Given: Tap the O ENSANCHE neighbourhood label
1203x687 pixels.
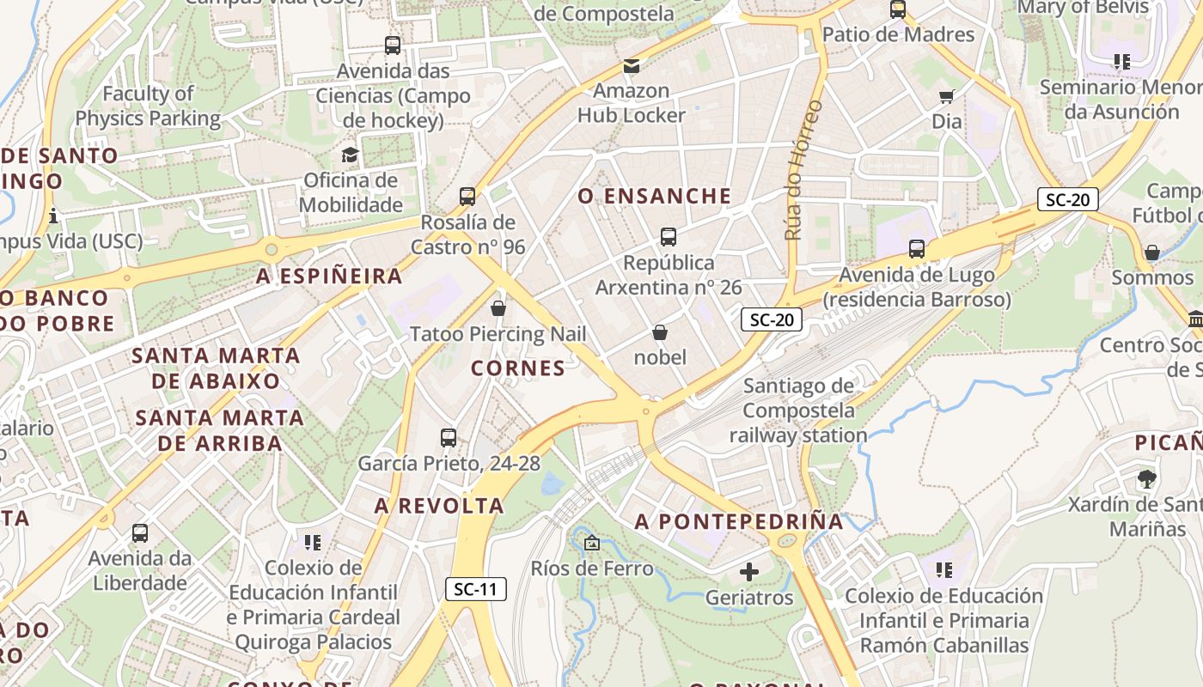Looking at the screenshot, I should [655, 197].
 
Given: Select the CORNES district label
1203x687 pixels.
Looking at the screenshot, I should [518, 368].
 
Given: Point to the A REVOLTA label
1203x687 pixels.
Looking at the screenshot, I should [439, 506].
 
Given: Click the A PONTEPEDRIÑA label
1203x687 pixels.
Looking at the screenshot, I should [739, 521].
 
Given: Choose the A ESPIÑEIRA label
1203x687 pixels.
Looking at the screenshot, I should [330, 277].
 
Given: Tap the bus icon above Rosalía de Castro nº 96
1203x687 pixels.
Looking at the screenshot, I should [467, 197].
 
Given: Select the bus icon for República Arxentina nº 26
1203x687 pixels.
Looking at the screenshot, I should [669, 237].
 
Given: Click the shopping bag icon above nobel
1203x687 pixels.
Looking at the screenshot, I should [660, 332].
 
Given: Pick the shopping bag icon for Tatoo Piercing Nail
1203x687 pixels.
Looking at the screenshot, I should [498, 308].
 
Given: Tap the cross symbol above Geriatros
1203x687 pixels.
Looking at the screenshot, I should [749, 571].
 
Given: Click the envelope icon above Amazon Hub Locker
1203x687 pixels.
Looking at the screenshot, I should [632, 65].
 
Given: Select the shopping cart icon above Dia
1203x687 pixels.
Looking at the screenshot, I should [946, 96].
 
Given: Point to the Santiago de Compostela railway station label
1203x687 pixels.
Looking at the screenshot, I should [798, 411].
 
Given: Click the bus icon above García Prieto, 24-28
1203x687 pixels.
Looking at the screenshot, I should [449, 438].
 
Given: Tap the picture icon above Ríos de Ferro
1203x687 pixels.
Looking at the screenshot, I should [591, 543].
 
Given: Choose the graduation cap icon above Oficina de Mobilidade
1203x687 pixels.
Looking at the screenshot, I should [350, 155].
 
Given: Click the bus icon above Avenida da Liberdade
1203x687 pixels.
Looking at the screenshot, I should [140, 533].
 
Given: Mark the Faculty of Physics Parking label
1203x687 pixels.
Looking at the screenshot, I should [149, 106].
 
